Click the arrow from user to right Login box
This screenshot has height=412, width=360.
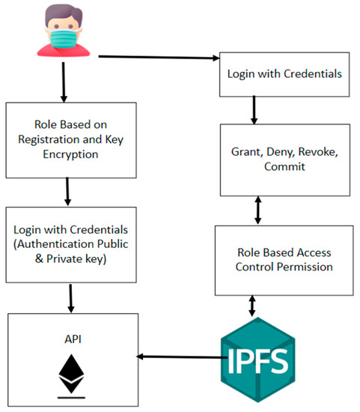click(157, 57)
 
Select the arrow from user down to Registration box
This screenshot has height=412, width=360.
click(64, 82)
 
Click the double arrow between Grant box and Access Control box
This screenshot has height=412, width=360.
click(258, 210)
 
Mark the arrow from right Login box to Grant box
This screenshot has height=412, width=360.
click(254, 111)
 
